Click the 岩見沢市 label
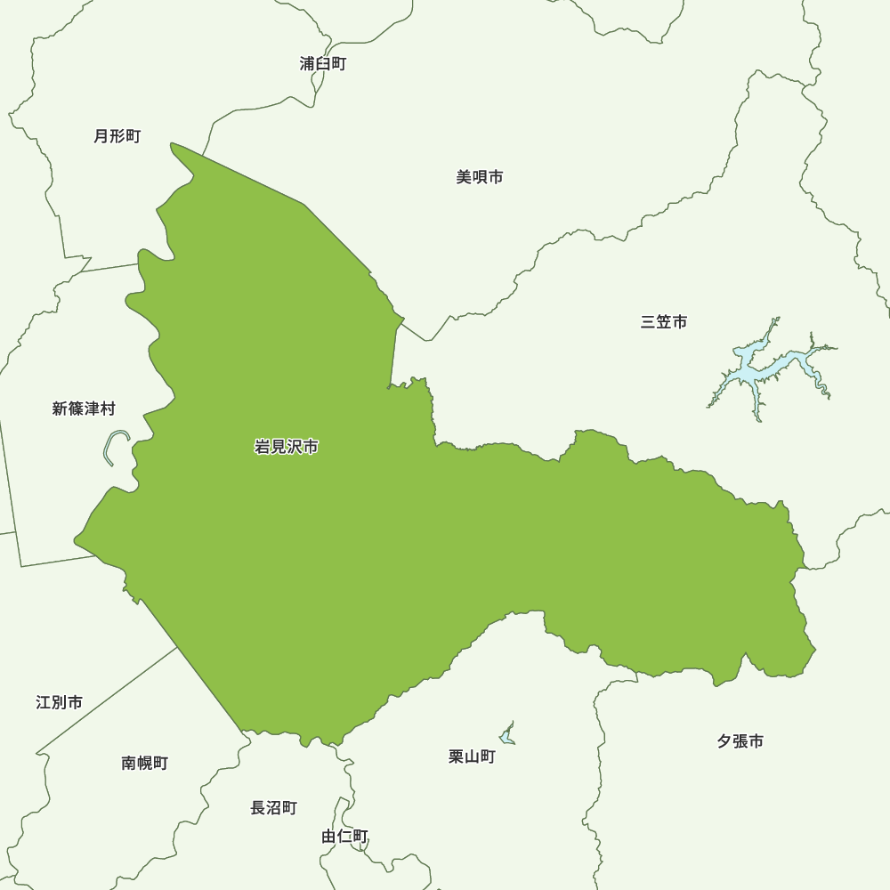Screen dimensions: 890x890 (x=286, y=447)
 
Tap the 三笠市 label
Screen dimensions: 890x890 (x=663, y=322)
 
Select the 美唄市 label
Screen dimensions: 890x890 (x=480, y=177)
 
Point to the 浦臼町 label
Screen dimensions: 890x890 (x=323, y=64)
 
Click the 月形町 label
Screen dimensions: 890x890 (x=117, y=136)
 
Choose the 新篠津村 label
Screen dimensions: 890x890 (x=84, y=409)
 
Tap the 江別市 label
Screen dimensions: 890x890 (x=60, y=702)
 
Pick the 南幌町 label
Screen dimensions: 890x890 (x=144, y=763)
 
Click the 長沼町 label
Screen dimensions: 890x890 (x=273, y=808)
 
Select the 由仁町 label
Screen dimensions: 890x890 (x=344, y=836)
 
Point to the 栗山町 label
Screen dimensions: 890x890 (x=472, y=756)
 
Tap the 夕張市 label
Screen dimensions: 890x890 (x=740, y=740)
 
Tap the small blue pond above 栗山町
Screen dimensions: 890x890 (x=507, y=736)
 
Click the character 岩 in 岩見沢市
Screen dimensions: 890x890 (x=262, y=447)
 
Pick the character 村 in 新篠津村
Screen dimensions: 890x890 (x=108, y=409)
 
